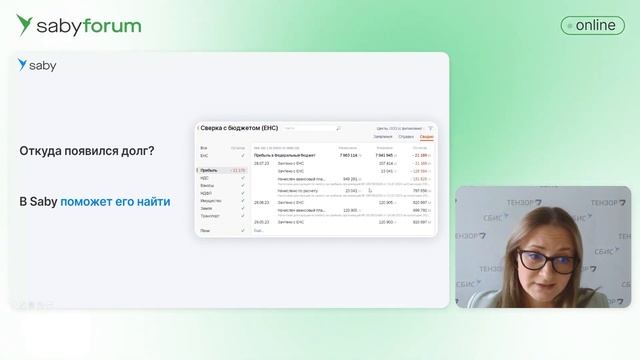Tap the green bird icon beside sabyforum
click(24, 25)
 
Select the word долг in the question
click(131, 151)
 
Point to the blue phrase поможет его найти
click(115, 202)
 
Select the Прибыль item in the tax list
click(209, 171)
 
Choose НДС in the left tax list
click(205, 178)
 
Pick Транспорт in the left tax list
click(211, 215)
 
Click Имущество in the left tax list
click(211, 200)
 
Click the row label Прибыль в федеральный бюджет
click(285, 156)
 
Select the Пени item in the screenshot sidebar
click(205, 231)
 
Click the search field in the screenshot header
click(311, 128)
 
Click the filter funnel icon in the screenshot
click(430, 128)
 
